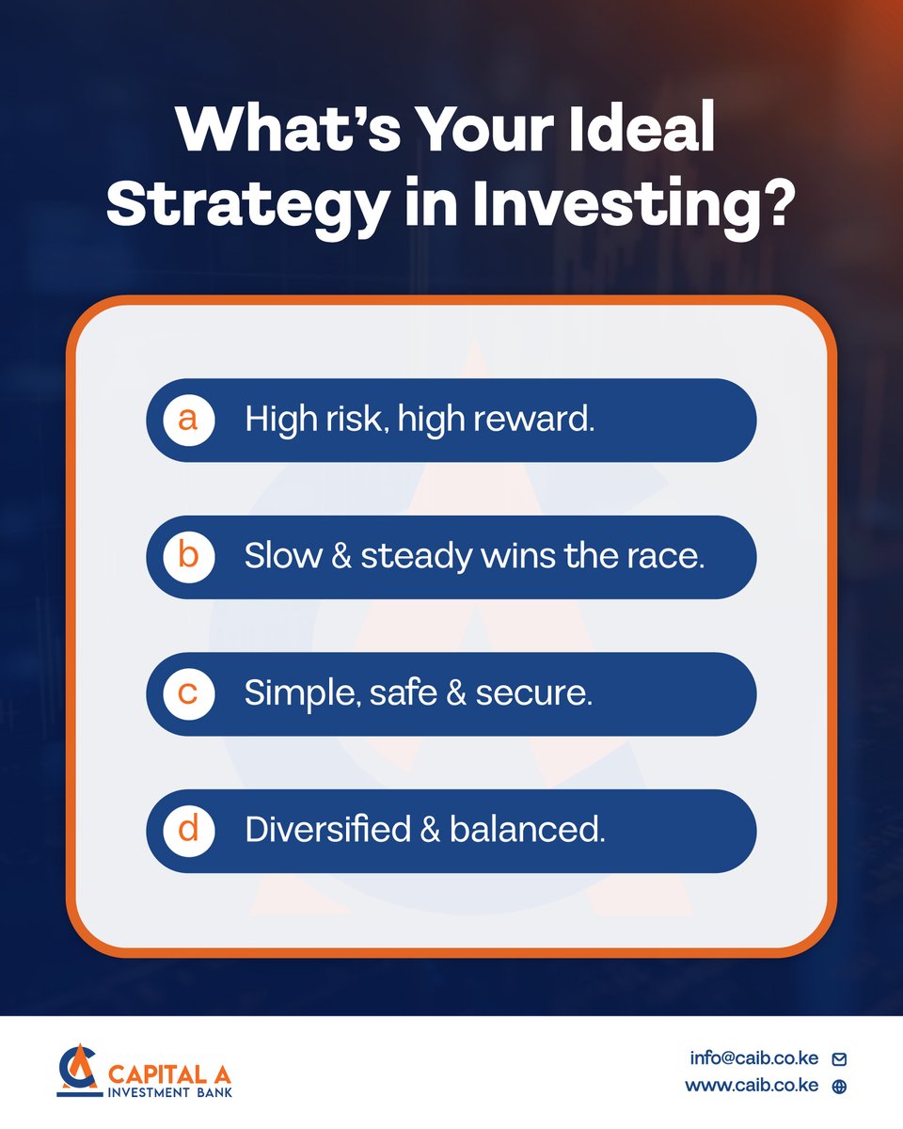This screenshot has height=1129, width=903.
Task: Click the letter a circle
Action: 188,420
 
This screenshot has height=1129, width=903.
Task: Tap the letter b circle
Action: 188,557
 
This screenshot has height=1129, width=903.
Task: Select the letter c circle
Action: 188,694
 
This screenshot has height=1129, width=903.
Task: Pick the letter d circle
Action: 188,831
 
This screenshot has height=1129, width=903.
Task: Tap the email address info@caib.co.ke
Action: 753,1057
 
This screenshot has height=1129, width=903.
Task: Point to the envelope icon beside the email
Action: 840,1058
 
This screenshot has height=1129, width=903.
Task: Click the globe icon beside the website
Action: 840,1086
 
